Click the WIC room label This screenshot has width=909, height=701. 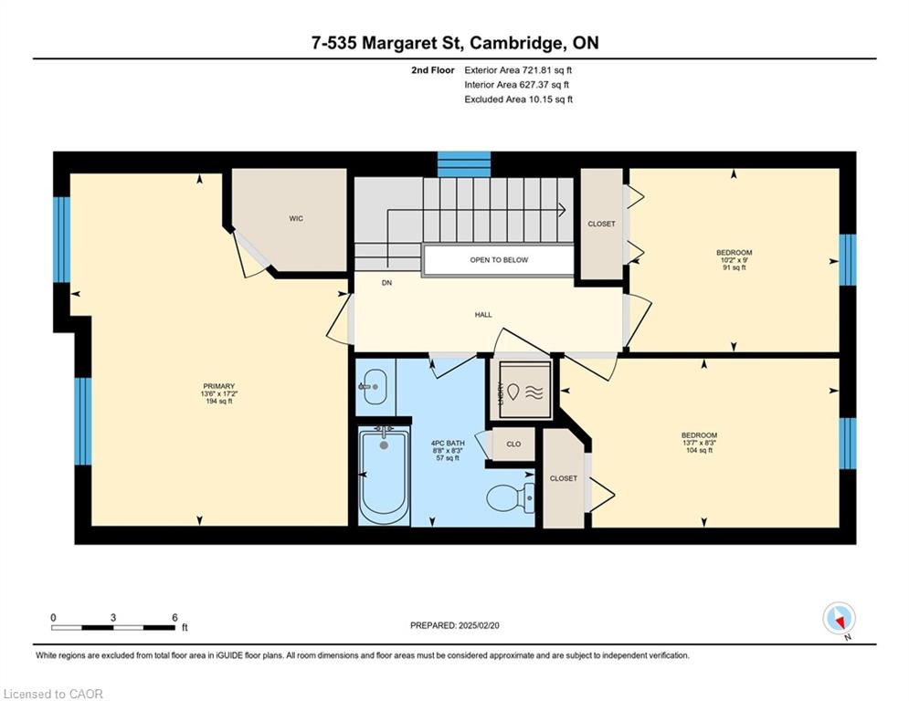(296, 218)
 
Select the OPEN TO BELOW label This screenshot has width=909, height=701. (499, 260)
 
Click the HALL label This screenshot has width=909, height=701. (483, 315)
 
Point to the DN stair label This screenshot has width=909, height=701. (386, 283)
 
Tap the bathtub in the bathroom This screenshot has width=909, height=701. (383, 474)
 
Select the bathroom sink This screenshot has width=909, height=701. (373, 387)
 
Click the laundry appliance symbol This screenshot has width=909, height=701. (525, 390)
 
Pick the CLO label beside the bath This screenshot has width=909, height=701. (513, 445)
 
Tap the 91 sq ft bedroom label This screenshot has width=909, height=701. (734, 260)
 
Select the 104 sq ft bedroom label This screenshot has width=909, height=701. (699, 443)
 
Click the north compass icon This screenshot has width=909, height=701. (839, 619)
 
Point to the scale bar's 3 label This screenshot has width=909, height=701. (113, 618)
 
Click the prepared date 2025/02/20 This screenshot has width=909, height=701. (479, 625)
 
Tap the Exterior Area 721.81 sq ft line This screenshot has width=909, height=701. (518, 70)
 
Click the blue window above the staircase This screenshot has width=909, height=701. (464, 164)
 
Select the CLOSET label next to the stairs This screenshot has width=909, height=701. (601, 224)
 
